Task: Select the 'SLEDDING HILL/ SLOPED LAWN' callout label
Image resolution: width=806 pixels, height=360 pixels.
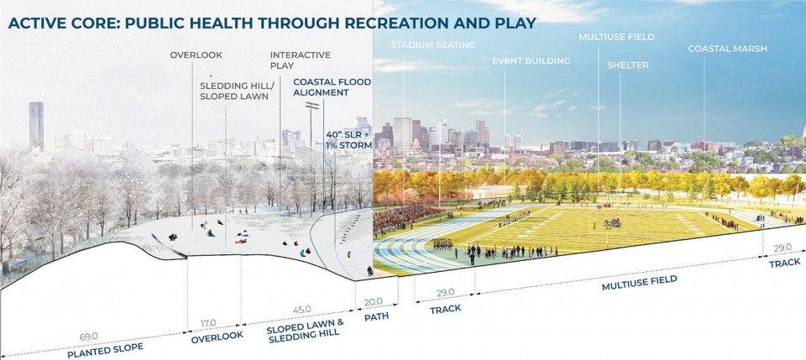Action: [234, 91]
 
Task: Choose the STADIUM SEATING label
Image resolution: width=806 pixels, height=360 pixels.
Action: [433, 44]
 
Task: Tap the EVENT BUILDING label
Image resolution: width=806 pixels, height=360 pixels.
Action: [531, 60]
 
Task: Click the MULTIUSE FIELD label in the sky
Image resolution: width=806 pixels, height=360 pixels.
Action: [616, 37]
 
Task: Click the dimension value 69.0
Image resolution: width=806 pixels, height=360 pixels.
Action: [89, 336]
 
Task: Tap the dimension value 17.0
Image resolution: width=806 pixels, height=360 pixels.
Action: [207, 323]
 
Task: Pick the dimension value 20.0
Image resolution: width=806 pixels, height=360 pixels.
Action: [373, 301]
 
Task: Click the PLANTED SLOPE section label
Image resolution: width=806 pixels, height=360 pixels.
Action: [106, 348]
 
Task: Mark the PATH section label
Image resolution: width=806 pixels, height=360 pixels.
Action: [375, 317]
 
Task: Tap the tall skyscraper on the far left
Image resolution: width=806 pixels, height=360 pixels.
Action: [35, 126]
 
